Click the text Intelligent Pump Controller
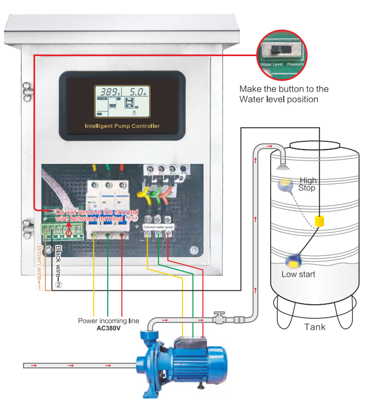pos(122,126)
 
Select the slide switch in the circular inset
pos(279,50)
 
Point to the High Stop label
pos(307,184)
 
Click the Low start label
pos(298,274)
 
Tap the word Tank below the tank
pos(315,327)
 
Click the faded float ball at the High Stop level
pos(284,185)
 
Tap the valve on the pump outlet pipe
pos(219,318)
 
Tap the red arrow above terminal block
pos(69,227)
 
